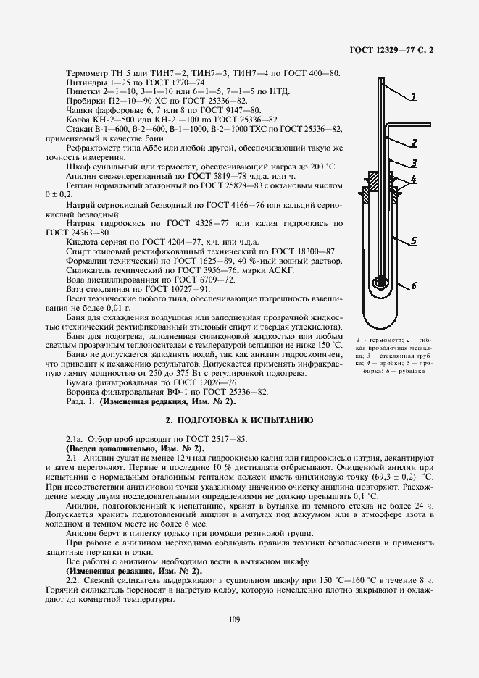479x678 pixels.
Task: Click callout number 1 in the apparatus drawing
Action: point(415,96)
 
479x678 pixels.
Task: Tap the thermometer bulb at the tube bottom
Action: point(380,283)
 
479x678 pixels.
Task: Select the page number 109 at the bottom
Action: point(233,618)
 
